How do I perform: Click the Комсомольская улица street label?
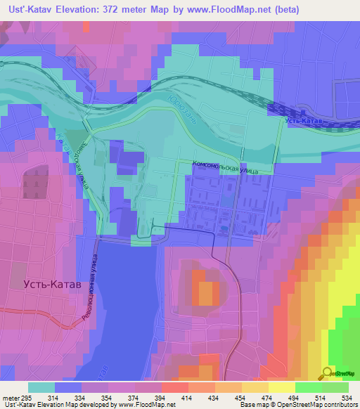point(225,166)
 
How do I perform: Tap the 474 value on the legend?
point(259,397)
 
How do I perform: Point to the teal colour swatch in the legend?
point(41,387)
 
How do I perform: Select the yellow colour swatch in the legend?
point(281,387)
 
